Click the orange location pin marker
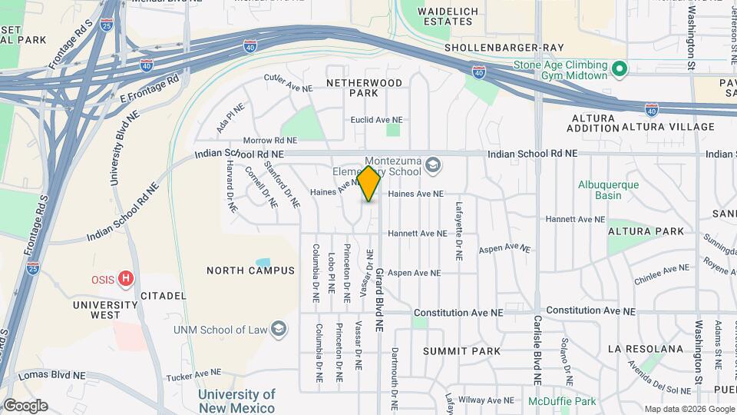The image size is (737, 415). [369, 184]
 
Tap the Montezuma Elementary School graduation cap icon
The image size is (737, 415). [433, 164]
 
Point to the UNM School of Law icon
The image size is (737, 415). [279, 330]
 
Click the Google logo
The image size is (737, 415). [25, 406]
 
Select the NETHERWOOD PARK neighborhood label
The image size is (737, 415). [364, 87]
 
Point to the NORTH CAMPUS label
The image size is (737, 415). [250, 271]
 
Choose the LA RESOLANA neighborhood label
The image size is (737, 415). [645, 349]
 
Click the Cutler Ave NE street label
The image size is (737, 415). [289, 84]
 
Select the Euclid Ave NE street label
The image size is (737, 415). [376, 120]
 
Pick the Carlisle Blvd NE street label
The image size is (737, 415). [537, 350]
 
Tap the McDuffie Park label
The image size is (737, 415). [562, 401]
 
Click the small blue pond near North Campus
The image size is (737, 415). [263, 263]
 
